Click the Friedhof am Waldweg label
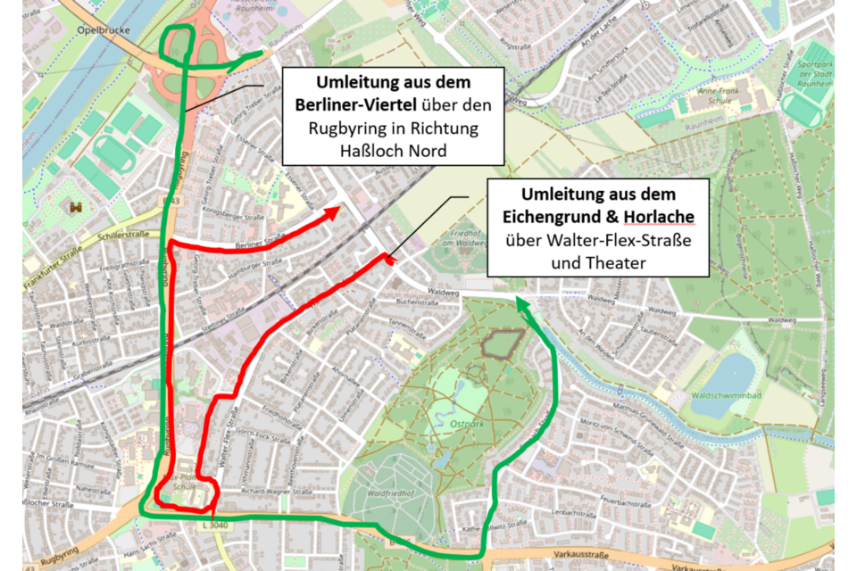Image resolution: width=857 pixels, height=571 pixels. click(x=460, y=235)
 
